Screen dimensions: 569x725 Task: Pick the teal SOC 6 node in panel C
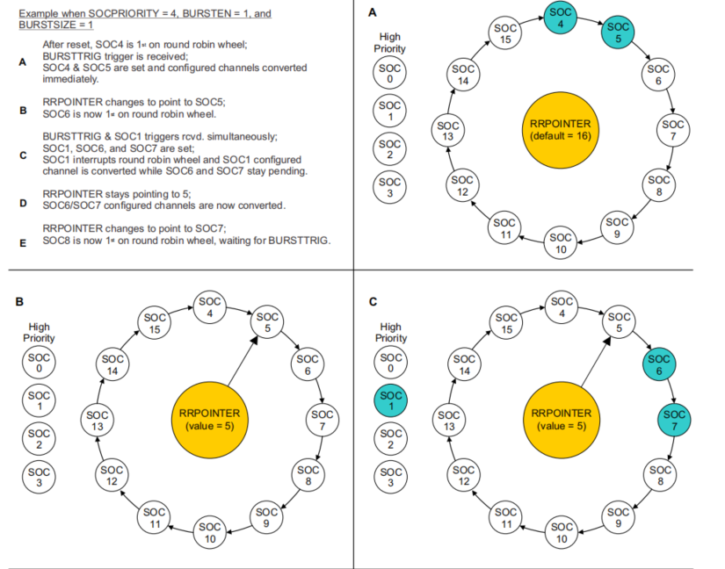coord(658,364)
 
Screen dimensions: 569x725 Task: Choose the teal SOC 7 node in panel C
coord(675,419)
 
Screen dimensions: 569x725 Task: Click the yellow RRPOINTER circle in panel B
coord(209,418)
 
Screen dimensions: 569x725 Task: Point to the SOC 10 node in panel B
coord(211,532)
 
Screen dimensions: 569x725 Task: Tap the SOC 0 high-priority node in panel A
coord(392,74)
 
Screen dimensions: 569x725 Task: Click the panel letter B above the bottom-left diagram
coord(19,301)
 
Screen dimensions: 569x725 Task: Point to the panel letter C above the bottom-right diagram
coord(373,301)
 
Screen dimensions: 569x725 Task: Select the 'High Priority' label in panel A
coord(390,43)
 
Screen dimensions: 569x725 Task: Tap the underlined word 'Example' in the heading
coord(39,14)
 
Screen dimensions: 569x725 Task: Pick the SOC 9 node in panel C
coord(617,516)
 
